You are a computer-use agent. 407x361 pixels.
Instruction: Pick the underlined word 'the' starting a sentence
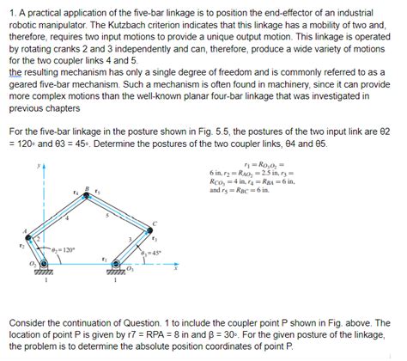click(15, 74)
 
